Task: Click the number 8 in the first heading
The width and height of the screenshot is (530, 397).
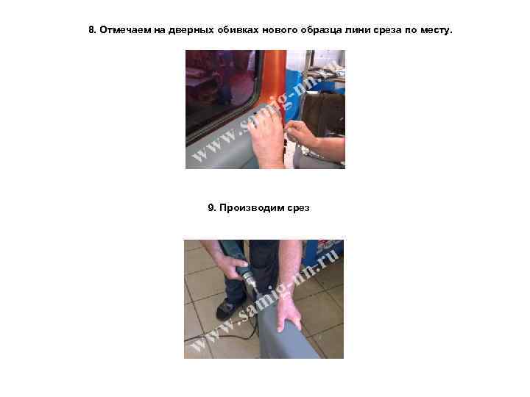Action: pyautogui.click(x=92, y=30)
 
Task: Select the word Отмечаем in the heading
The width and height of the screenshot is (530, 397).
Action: pyautogui.click(x=125, y=30)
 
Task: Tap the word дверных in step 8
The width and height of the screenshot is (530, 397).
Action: pyautogui.click(x=191, y=30)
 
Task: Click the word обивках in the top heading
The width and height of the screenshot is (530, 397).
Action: pyautogui.click(x=238, y=30)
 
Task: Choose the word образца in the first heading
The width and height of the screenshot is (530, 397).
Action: pyautogui.click(x=321, y=30)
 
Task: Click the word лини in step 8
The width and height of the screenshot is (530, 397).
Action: pyautogui.click(x=358, y=30)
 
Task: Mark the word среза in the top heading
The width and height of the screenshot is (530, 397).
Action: pyautogui.click(x=387, y=30)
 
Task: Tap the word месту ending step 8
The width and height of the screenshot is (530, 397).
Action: pyautogui.click(x=437, y=30)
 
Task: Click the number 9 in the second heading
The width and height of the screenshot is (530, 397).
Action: pyautogui.click(x=211, y=207)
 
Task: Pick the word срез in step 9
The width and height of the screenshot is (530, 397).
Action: pyautogui.click(x=298, y=208)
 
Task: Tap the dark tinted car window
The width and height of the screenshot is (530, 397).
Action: pyautogui.click(x=219, y=87)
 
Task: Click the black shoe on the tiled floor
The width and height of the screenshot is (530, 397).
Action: pyautogui.click(x=230, y=309)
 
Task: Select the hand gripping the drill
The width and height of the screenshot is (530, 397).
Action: pyautogui.click(x=231, y=267)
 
